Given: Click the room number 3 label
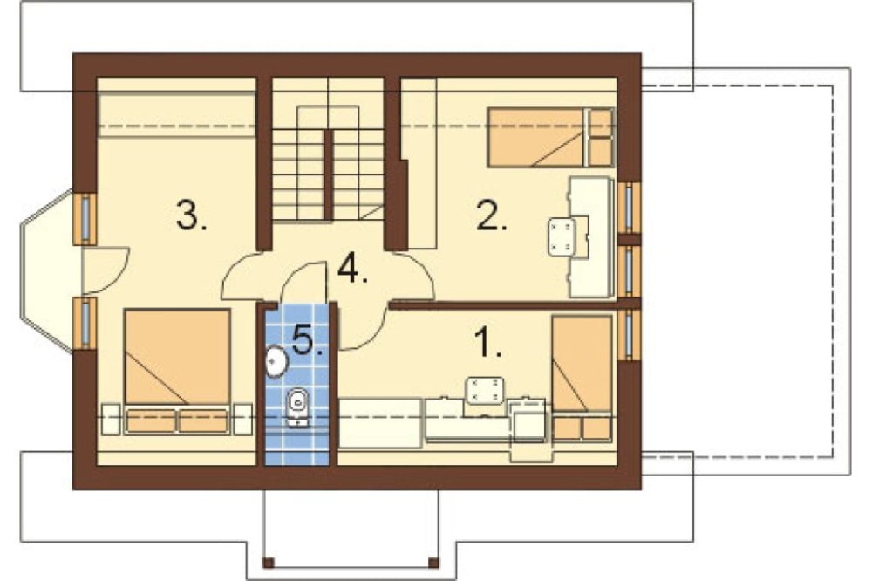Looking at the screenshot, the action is (x=191, y=216).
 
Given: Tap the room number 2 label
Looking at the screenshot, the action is (x=492, y=216).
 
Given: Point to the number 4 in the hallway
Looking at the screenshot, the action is (x=352, y=268).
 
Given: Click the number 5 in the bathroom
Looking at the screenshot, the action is (x=307, y=339).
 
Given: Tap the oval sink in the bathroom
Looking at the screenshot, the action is (x=276, y=361).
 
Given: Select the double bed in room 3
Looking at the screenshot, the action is (x=177, y=371).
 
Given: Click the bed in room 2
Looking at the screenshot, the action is (x=550, y=138).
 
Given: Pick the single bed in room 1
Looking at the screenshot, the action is (x=582, y=378).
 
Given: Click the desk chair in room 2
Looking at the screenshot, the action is (x=562, y=237).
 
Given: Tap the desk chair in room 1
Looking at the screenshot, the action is (x=485, y=391).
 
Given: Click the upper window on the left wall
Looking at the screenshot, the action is (x=85, y=219).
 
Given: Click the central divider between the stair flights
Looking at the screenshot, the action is (x=329, y=174).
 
